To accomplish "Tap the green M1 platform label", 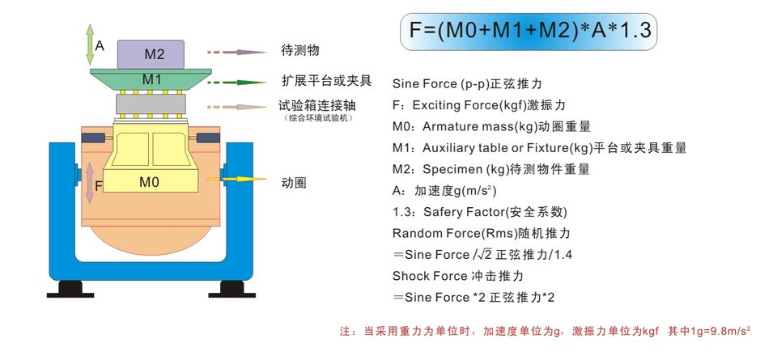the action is tap(152, 79).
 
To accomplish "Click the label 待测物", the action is tap(300, 50).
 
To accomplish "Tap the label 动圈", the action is tap(293, 182).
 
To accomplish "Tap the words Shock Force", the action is tap(430, 276).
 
